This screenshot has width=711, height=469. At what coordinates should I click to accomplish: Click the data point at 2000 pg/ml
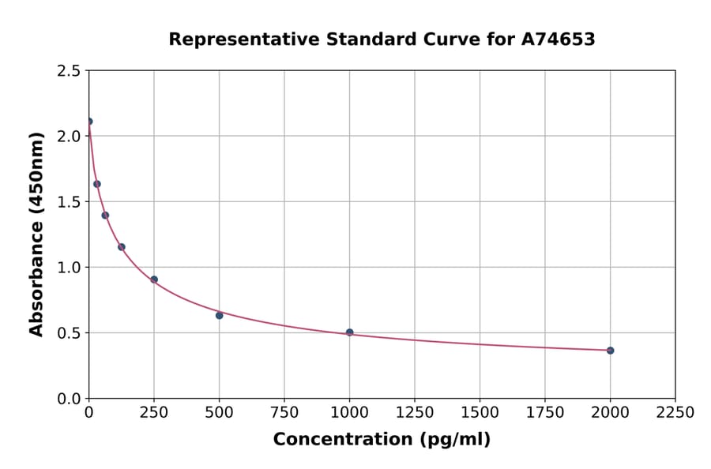tap(610, 351)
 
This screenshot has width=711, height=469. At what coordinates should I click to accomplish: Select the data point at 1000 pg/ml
tap(350, 332)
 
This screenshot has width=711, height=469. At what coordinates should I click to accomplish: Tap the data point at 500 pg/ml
tap(220, 315)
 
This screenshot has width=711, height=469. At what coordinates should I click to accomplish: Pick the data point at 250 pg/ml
tap(154, 280)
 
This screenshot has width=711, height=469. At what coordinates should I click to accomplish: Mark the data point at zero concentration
tap(89, 122)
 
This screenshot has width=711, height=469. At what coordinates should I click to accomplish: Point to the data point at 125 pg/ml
tap(122, 247)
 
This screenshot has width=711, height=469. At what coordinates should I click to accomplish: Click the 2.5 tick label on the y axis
tap(69, 71)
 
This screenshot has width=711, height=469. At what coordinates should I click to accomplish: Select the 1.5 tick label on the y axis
tap(69, 202)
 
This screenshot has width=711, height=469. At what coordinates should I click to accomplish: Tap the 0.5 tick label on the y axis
tap(69, 333)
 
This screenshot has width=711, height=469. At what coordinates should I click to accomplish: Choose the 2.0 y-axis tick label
tap(69, 137)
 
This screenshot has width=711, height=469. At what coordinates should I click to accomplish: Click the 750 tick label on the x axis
tap(284, 413)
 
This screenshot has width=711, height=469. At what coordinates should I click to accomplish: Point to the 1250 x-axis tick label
tap(415, 413)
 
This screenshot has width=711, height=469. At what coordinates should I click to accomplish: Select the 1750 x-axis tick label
tap(545, 413)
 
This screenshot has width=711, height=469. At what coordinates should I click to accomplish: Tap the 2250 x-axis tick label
tap(675, 413)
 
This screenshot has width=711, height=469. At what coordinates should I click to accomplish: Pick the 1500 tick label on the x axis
tap(480, 413)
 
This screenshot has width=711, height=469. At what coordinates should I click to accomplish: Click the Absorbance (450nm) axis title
tap(36, 234)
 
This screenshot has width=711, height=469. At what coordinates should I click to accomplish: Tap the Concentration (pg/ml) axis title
tap(382, 440)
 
